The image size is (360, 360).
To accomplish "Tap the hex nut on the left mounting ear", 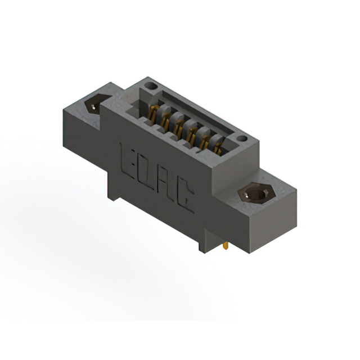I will pos(93,105).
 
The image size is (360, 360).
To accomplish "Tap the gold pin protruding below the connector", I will pos(226,246).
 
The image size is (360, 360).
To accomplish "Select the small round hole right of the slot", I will pos(241,138).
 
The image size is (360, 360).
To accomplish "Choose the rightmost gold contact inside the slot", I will pos(217,147).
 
